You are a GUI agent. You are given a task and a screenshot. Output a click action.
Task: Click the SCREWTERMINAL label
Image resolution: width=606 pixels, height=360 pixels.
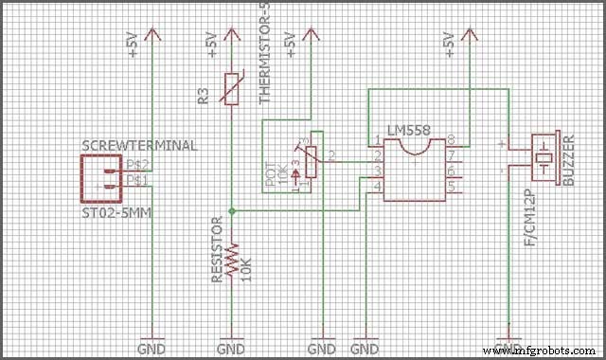pos(140,145)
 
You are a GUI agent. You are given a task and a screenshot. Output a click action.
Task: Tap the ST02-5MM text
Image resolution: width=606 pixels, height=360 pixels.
pos(118,214)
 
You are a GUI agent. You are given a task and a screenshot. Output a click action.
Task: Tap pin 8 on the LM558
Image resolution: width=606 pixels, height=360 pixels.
pos(452,139)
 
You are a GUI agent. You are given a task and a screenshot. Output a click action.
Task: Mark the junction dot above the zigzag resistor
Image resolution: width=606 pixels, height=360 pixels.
pos(232,210)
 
